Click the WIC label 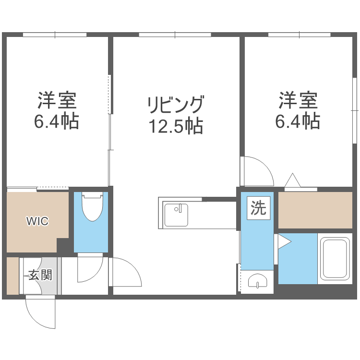pos(37,221)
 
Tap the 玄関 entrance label pos(40,276)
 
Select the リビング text pos(176,105)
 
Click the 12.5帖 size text pos(176,126)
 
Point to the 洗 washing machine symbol pos(258,208)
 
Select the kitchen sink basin pos(176,214)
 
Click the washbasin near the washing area pos(257,282)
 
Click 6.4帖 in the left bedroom pos(57,122)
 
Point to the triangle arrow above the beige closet pos(292,181)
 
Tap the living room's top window pos(175,35)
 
